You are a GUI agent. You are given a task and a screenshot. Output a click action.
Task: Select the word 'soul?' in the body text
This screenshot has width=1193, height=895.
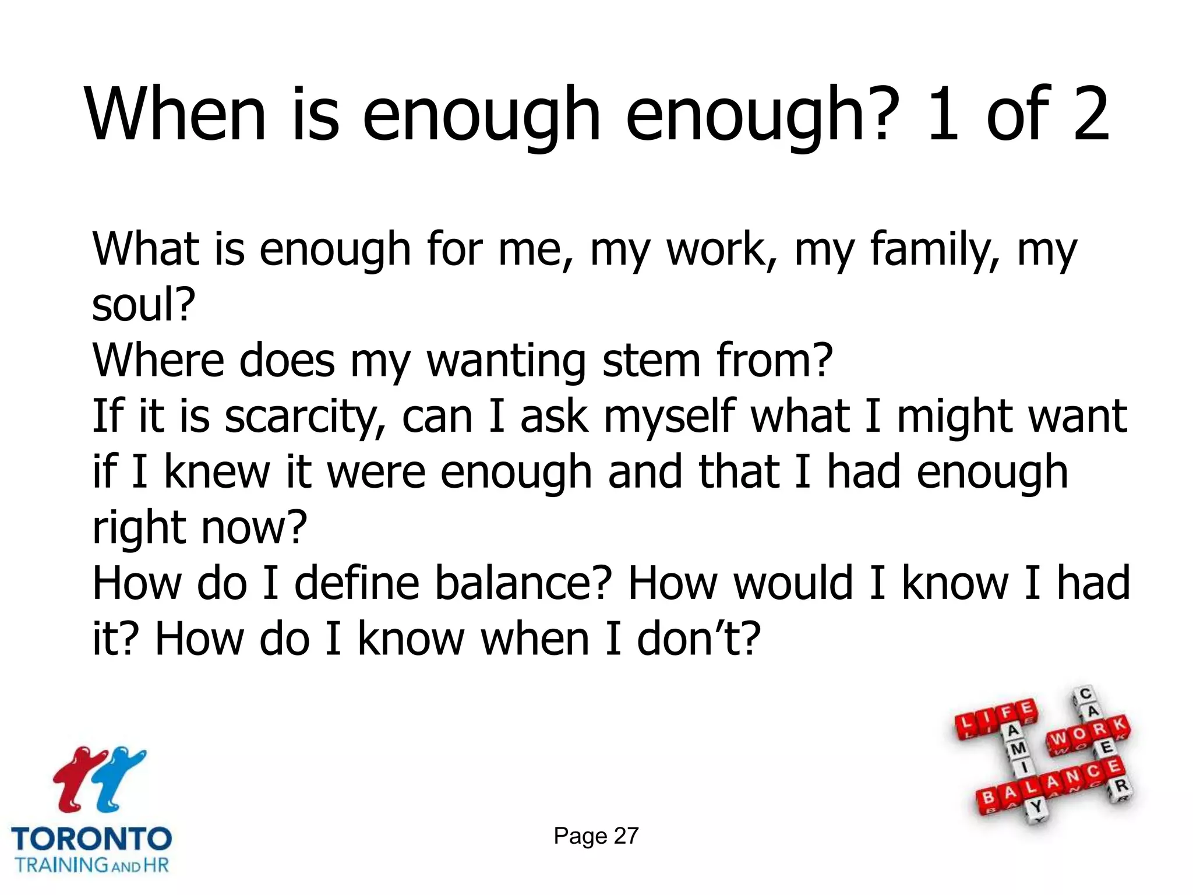click(143, 304)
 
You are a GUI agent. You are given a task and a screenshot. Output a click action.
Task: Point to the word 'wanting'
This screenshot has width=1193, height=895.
click(506, 360)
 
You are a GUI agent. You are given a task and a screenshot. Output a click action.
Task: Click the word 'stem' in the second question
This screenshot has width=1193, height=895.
click(651, 360)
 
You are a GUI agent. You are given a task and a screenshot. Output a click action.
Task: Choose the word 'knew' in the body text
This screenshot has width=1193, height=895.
click(217, 471)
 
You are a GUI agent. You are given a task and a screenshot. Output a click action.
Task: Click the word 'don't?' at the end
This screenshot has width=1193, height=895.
click(698, 639)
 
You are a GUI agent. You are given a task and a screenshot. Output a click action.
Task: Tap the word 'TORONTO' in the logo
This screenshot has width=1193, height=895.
click(91, 839)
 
